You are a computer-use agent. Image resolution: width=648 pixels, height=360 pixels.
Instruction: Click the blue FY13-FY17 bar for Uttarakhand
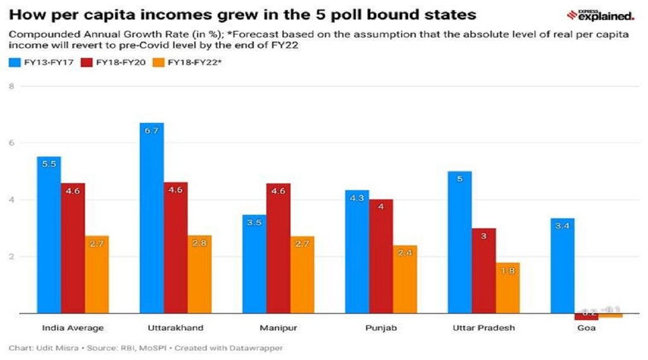click(151, 218)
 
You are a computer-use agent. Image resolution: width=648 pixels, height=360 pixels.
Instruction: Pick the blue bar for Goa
click(562, 265)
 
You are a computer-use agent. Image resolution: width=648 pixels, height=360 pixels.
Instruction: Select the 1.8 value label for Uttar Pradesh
click(508, 270)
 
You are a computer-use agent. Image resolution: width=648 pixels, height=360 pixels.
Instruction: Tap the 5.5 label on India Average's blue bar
click(49, 163)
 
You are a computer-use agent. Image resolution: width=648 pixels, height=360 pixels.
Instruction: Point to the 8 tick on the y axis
click(11, 86)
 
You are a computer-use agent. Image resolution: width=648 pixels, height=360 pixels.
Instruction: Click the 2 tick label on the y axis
click(11, 256)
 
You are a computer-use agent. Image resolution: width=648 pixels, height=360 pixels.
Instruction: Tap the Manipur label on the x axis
click(278, 328)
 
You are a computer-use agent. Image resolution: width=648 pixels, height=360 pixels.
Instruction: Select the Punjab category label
click(381, 328)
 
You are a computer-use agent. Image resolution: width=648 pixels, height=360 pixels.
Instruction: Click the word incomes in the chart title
click(162, 14)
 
